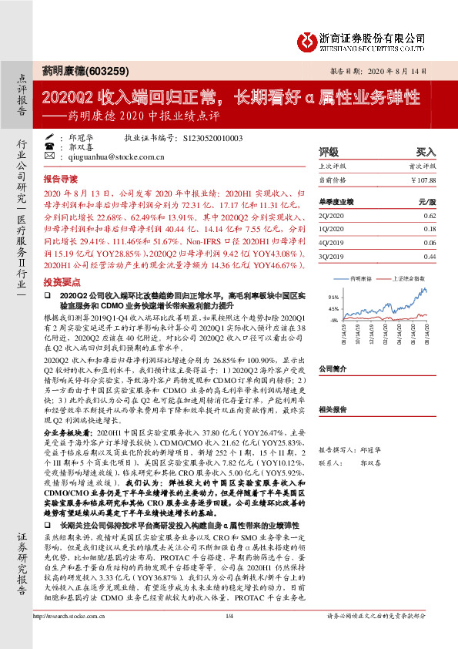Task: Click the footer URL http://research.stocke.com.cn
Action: (69, 637)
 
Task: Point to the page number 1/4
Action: (229, 637)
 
